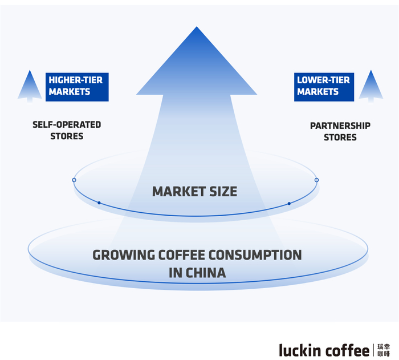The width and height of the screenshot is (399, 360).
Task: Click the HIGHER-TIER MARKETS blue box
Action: pyautogui.click(x=77, y=86)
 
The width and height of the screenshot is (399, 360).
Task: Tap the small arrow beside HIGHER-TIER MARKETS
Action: pyautogui.click(x=29, y=86)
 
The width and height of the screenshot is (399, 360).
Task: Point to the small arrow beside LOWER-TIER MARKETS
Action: pyautogui.click(x=370, y=86)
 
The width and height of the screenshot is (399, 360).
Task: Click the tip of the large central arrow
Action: pyautogui.click(x=196, y=29)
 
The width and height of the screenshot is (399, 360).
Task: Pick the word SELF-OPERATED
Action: pyautogui.click(x=67, y=125)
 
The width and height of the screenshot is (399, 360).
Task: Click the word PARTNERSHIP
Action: pyautogui.click(x=340, y=126)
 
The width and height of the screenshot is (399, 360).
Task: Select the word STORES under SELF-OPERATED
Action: pyautogui.click(x=67, y=136)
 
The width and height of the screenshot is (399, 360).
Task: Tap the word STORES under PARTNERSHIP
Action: pyautogui.click(x=340, y=137)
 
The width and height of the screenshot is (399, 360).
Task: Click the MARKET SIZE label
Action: pyautogui.click(x=194, y=192)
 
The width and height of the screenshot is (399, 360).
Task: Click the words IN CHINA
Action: pyautogui.click(x=198, y=273)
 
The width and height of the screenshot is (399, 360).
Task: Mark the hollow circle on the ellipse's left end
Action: pyautogui.click(x=74, y=180)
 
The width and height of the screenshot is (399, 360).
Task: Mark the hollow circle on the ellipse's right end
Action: pyautogui.click(x=316, y=180)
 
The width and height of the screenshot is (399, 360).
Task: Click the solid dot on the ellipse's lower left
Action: pyautogui.click(x=99, y=203)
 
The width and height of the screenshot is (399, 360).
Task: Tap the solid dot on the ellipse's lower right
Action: pyautogui.click(x=289, y=203)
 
